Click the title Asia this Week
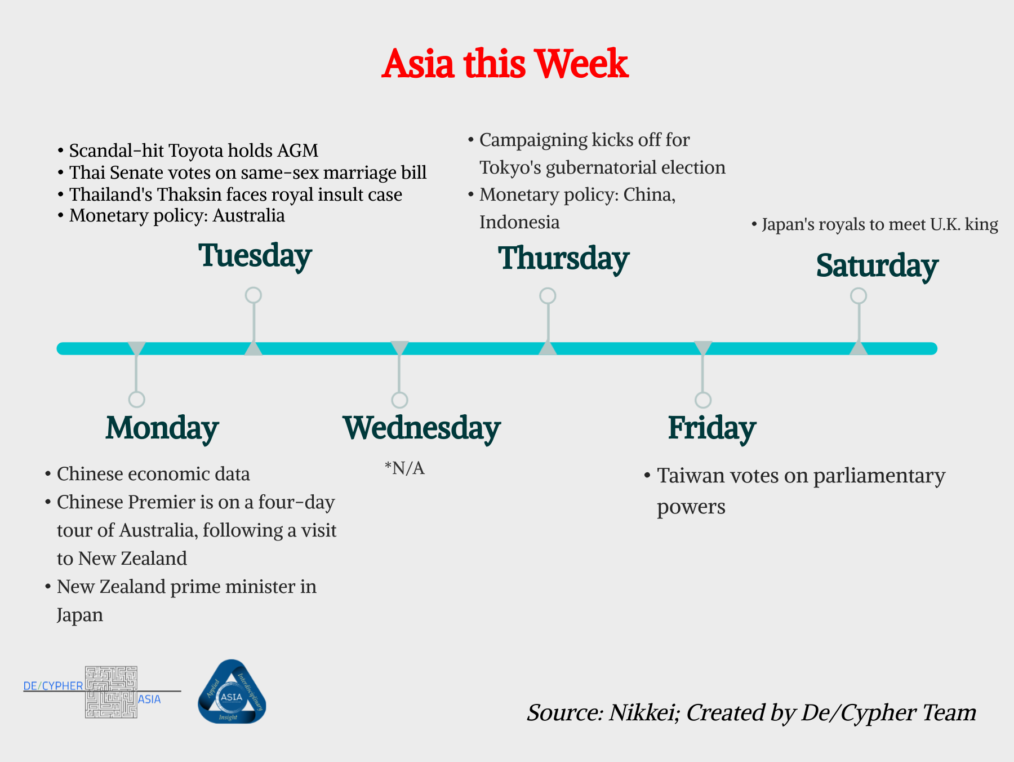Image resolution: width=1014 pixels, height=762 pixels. (505, 63)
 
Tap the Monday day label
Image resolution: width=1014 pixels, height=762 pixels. (162, 428)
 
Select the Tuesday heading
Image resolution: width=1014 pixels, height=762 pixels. (255, 256)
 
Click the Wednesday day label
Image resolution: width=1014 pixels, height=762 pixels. (421, 428)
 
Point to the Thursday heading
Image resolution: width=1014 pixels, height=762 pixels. (563, 259)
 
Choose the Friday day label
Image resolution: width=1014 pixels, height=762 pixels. (711, 428)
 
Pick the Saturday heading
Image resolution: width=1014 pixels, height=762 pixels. (877, 266)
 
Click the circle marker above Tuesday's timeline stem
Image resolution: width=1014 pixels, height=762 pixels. (253, 295)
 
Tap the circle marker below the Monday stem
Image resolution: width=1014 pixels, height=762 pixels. (136, 400)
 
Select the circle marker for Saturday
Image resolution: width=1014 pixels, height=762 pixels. (858, 295)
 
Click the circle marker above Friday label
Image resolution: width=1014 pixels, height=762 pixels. (702, 400)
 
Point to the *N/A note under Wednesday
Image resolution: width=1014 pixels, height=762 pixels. (404, 468)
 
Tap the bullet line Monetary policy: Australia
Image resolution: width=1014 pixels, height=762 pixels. (176, 216)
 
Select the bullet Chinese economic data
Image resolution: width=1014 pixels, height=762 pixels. (153, 474)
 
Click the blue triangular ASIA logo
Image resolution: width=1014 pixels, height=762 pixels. (232, 693)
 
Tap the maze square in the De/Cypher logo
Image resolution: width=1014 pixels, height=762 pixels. (111, 692)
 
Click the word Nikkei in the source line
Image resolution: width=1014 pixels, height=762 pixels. (642, 713)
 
